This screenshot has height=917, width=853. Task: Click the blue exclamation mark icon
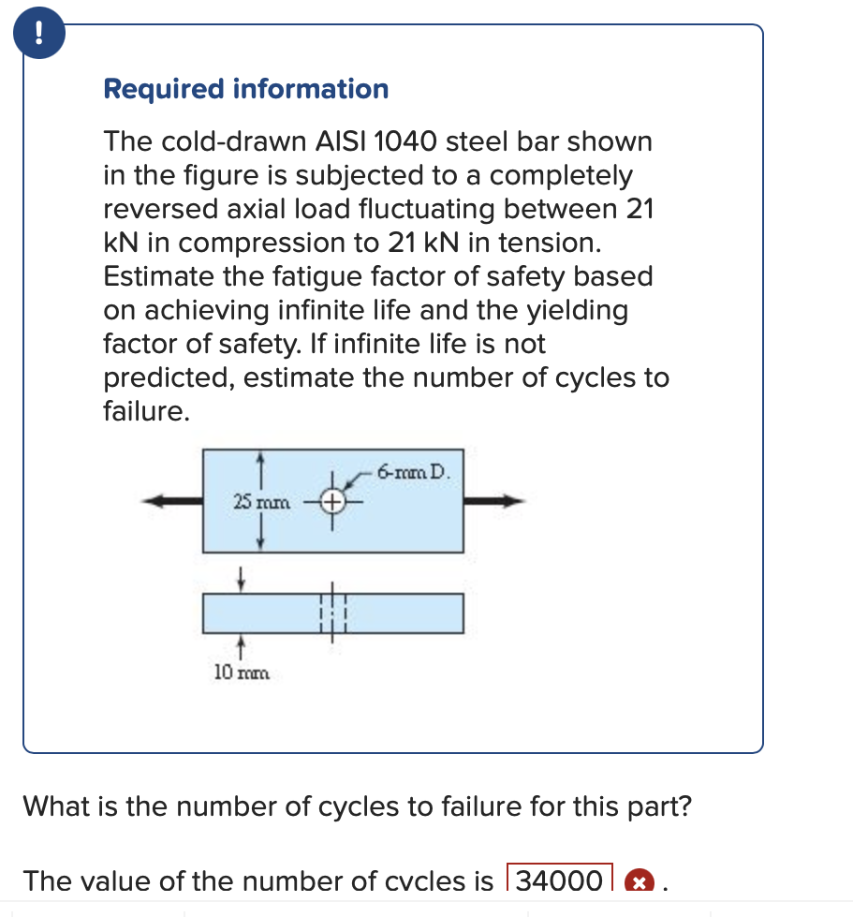pos(37,34)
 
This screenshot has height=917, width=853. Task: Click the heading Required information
pos(245,89)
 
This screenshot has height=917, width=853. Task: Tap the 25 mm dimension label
pos(262,503)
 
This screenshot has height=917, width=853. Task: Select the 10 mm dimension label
pos(240,672)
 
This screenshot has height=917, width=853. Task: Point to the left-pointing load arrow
pos(173,501)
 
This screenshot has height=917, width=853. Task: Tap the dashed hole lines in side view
pos(333,613)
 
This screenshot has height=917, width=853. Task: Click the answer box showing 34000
pos(559,880)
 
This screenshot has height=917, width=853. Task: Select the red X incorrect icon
pos(639,881)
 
